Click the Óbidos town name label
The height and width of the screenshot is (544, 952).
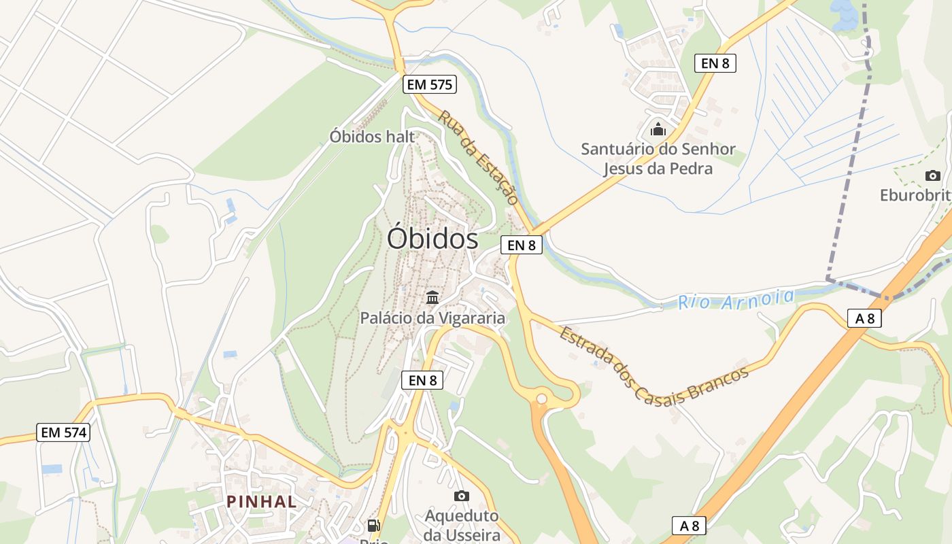click(432, 239)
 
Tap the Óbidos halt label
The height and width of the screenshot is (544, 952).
click(372, 136)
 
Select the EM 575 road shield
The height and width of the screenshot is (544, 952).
click(429, 84)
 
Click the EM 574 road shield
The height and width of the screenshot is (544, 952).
click(64, 432)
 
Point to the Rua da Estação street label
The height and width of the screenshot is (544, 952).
click(478, 157)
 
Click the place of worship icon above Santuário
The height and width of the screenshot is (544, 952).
click(658, 129)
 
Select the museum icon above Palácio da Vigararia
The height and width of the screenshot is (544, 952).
click(432, 297)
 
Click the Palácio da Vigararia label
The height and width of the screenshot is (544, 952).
click(432, 318)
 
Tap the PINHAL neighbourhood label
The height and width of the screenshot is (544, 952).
click(262, 502)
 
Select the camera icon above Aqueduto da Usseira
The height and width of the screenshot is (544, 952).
click(462, 496)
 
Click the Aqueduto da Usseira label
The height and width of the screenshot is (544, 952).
click(462, 525)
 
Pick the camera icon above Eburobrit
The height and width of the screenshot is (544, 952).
click(933, 175)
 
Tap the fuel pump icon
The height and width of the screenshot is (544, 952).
click(373, 525)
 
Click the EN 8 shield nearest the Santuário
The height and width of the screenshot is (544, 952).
click(715, 63)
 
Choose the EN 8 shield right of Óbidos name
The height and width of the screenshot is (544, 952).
click(522, 245)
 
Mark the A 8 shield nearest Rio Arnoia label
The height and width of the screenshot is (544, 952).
click(864, 318)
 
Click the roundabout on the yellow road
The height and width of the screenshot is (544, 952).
click(541, 398)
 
